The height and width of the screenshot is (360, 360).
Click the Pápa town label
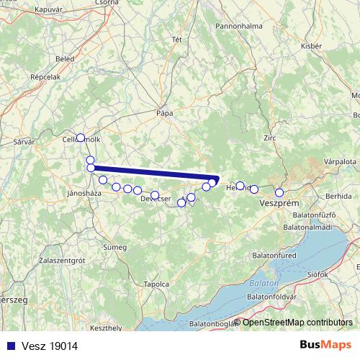click(166, 112)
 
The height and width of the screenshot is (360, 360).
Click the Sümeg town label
click(114, 247)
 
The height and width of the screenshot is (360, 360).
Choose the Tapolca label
click(156, 284)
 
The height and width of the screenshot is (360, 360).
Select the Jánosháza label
click(83, 193)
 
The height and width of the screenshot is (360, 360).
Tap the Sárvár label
click(23, 143)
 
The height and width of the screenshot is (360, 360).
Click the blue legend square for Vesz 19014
click(8, 346)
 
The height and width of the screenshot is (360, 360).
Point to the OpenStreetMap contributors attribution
click(297, 322)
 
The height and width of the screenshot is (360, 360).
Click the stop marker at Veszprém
click(279, 192)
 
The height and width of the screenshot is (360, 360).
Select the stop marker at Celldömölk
click(81, 137)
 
